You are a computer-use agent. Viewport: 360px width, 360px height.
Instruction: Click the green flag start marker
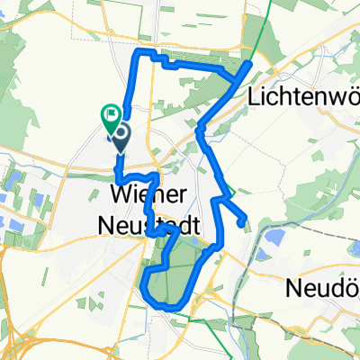(x=112, y=114)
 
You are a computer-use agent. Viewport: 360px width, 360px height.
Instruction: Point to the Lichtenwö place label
(x=306, y=95)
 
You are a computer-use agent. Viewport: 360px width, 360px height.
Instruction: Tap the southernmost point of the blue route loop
(x=166, y=308)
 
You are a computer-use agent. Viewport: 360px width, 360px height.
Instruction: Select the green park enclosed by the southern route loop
(x=175, y=270)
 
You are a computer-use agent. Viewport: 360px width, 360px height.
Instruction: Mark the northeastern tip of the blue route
(x=249, y=63)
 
